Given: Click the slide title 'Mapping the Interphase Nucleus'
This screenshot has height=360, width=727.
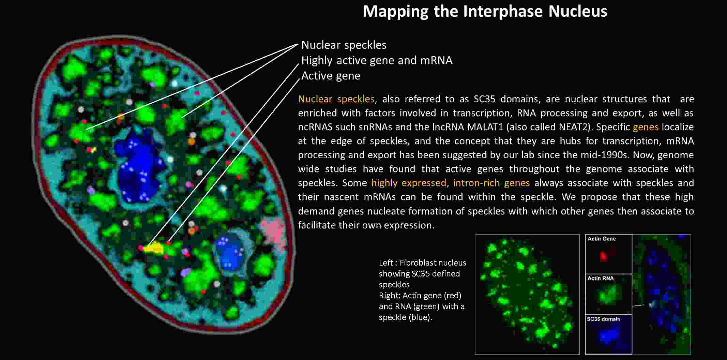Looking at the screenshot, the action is (485, 12).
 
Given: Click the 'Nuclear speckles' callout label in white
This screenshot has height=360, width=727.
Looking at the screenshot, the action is (344, 45).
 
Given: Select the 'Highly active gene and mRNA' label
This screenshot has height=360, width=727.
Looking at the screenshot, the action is (377, 60).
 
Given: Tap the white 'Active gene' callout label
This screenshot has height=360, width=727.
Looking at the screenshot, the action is (331, 76).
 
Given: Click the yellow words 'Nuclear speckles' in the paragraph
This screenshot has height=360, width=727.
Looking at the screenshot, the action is (336, 99).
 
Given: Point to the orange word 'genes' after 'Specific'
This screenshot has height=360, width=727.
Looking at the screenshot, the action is (646, 127).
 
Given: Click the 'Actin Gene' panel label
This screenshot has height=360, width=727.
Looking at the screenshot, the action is (602, 239).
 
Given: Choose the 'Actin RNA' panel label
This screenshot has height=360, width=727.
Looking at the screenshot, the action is (600, 278).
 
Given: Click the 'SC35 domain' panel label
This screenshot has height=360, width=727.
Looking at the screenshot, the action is (603, 319).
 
